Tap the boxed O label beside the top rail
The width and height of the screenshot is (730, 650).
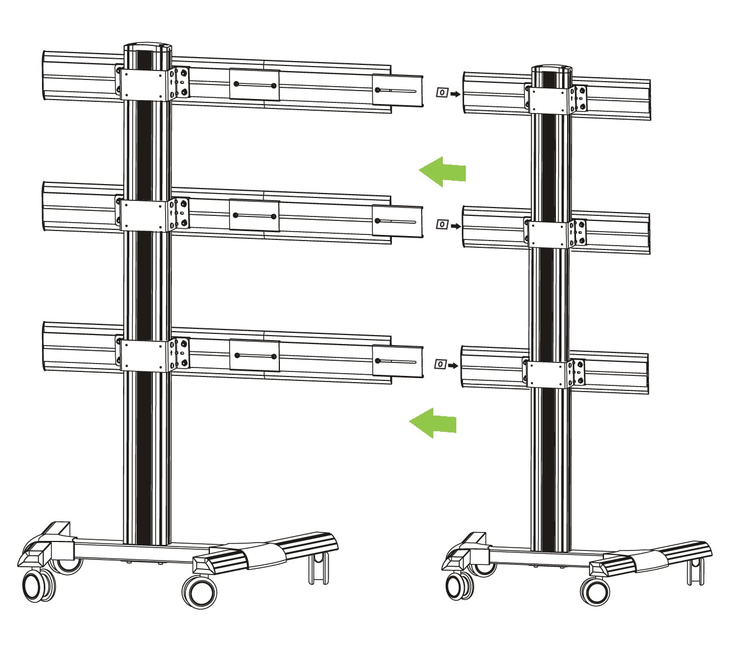click(442, 93)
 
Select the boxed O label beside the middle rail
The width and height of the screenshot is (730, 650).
click(442, 225)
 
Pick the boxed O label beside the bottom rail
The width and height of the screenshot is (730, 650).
click(441, 365)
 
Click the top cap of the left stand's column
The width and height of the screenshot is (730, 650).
click(146, 47)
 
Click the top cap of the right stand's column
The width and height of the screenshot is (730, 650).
click(551, 70)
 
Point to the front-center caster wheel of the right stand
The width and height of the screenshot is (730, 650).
click(595, 590)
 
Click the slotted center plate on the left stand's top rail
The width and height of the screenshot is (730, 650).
click(254, 85)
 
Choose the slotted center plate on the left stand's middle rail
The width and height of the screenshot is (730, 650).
click(254, 215)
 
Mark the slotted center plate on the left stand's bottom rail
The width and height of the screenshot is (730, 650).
click(254, 356)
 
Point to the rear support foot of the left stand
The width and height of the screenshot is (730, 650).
click(318, 568)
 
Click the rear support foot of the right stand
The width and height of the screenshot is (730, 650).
click(694, 569)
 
